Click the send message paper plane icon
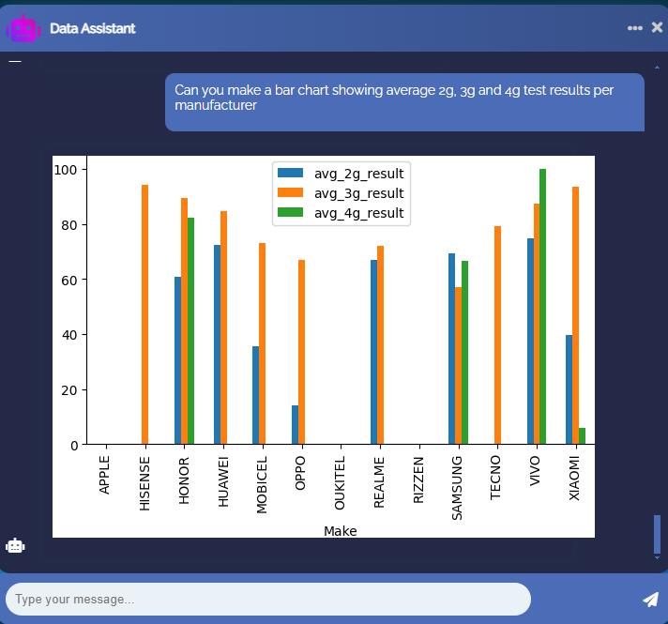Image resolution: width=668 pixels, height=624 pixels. coord(650,599)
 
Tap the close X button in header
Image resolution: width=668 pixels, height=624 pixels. coord(657,28)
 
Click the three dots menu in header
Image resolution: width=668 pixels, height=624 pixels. coord(635,28)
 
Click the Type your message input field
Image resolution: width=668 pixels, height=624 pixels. coord(267,599)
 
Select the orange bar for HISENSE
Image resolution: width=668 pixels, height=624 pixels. coord(145,314)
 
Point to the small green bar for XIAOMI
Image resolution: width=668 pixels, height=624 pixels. coord(583,436)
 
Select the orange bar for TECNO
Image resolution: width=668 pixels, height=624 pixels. coord(497,335)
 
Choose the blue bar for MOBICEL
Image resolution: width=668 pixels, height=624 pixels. coord(256,395)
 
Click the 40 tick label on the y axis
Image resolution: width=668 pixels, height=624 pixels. coord(69,335)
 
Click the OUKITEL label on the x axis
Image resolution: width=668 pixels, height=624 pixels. coord(341,482)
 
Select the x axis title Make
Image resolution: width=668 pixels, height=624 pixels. coord(340,531)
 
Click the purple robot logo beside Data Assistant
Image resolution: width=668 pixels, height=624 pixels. coord(23,28)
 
